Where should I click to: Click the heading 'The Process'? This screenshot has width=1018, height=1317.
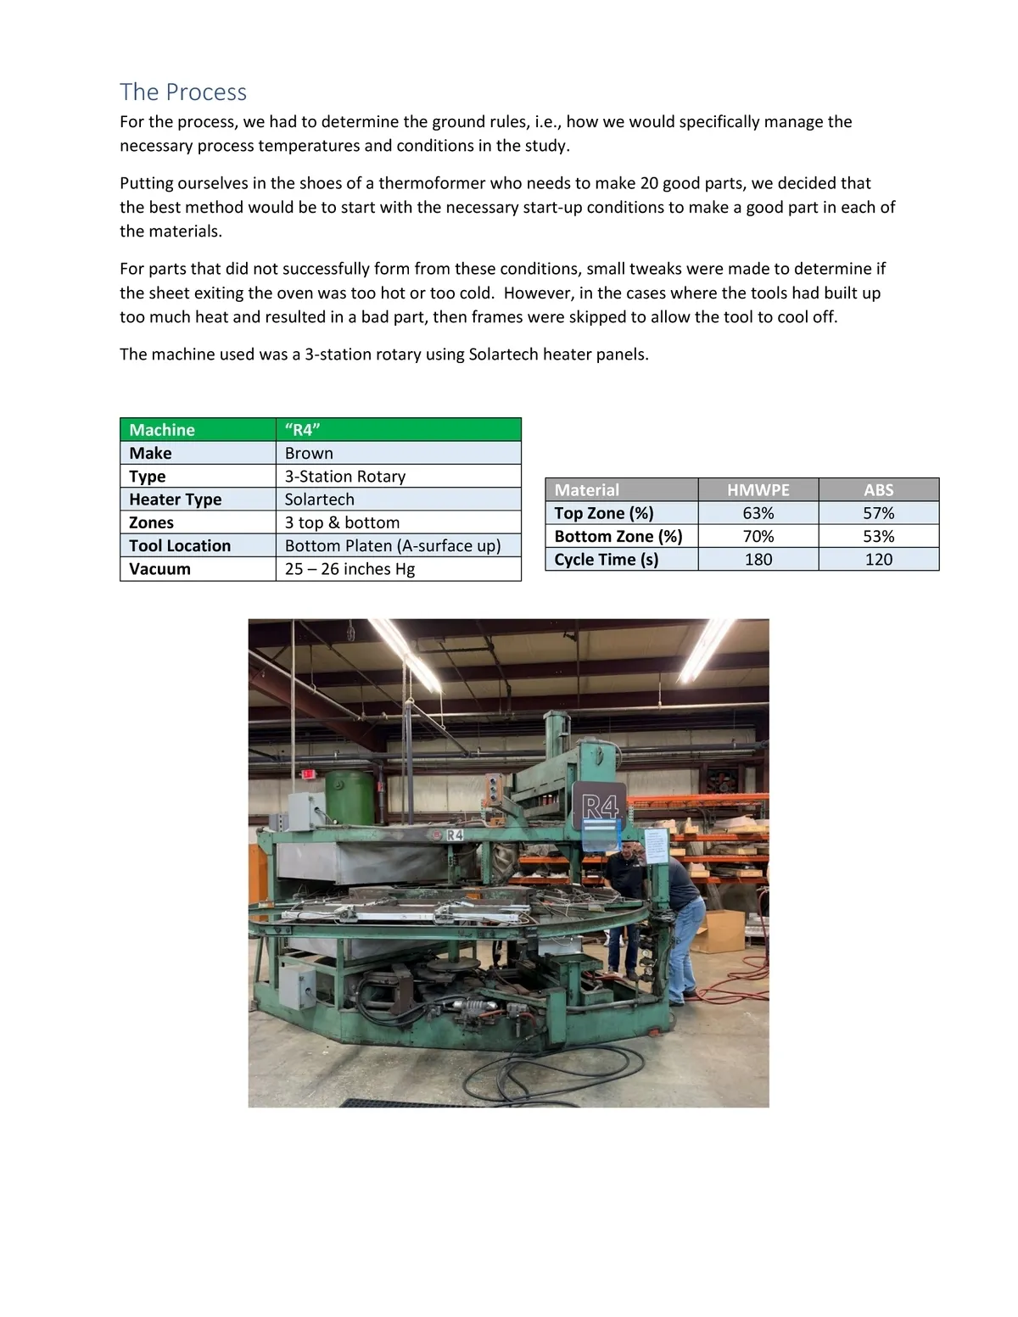click(x=183, y=92)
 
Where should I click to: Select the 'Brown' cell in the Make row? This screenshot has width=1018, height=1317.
click(x=309, y=453)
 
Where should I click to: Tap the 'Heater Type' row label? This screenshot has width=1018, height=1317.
click(x=175, y=499)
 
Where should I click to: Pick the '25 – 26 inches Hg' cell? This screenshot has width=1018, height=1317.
click(x=350, y=569)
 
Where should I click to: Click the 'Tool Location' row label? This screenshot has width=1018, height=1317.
click(x=180, y=545)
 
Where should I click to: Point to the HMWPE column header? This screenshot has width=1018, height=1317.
click(x=758, y=490)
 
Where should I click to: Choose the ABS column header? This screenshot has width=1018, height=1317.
click(x=878, y=490)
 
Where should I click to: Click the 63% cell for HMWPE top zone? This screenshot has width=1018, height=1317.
click(x=758, y=513)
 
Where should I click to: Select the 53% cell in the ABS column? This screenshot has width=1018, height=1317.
click(x=878, y=536)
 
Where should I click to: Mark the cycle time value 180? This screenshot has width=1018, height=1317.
click(x=758, y=560)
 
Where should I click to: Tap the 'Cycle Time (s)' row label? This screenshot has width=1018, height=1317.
click(x=606, y=560)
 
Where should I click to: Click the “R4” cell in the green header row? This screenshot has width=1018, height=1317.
click(x=302, y=430)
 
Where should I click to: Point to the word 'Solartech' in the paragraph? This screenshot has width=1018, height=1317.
click(x=503, y=354)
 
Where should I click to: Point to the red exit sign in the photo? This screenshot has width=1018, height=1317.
click(x=308, y=773)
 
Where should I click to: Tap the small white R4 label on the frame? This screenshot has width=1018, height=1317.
click(x=455, y=834)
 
